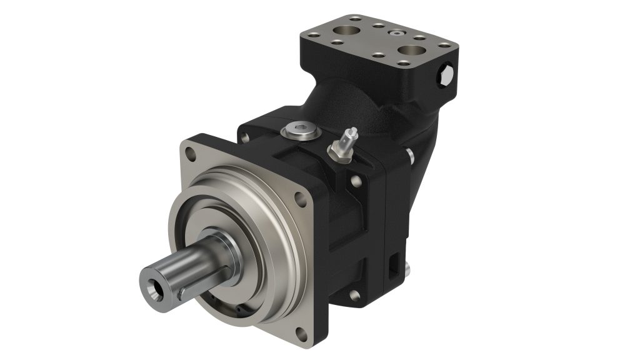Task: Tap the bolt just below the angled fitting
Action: tap(355, 182)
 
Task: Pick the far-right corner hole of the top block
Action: tap(445, 46)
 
